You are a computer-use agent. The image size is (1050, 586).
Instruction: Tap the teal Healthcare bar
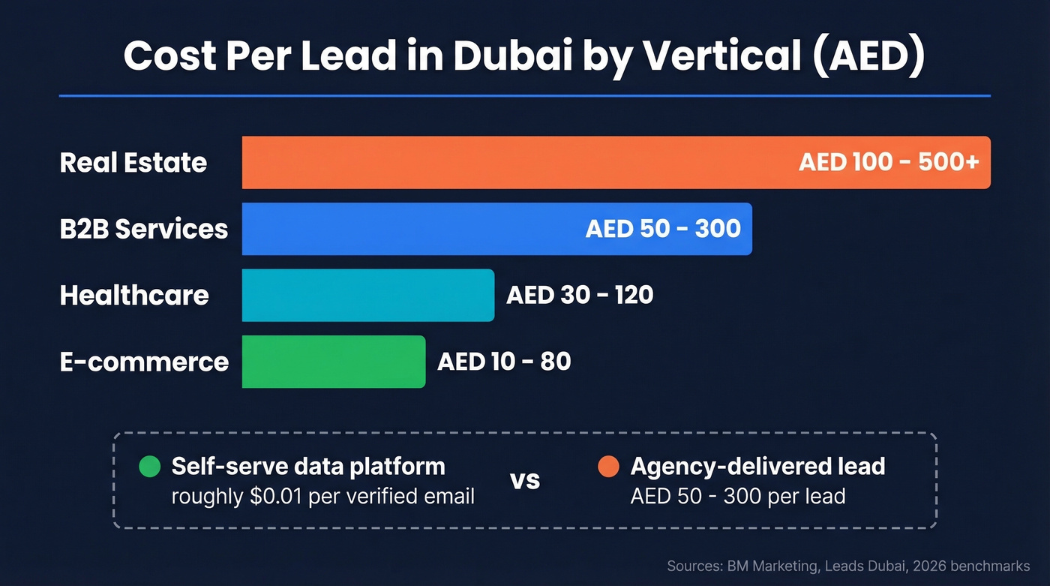point(367,295)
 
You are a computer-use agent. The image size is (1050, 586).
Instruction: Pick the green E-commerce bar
point(333,362)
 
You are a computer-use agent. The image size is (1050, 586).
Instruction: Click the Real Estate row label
point(133,163)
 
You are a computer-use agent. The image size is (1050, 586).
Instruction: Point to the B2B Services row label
point(144,229)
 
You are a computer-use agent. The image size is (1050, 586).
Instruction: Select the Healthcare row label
point(134,295)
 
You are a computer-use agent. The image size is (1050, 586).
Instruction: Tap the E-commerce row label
point(144,362)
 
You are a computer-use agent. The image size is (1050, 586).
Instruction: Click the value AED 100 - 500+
point(889,162)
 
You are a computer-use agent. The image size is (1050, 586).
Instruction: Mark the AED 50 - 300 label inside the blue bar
point(663,229)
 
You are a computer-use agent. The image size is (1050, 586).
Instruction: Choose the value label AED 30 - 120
point(580,295)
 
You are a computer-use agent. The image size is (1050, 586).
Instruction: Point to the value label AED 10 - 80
point(504,362)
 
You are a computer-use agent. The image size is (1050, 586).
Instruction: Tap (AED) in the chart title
point(868,56)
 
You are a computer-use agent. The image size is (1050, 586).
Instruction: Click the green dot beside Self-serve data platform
point(150,467)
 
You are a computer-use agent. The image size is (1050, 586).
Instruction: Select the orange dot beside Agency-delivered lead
point(608,467)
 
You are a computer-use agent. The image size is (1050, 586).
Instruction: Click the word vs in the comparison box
point(525,480)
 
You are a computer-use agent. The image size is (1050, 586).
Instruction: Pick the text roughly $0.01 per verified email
point(322,497)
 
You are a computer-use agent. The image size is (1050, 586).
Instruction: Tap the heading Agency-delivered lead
point(757,467)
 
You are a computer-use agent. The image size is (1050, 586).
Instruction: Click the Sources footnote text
point(848,566)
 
